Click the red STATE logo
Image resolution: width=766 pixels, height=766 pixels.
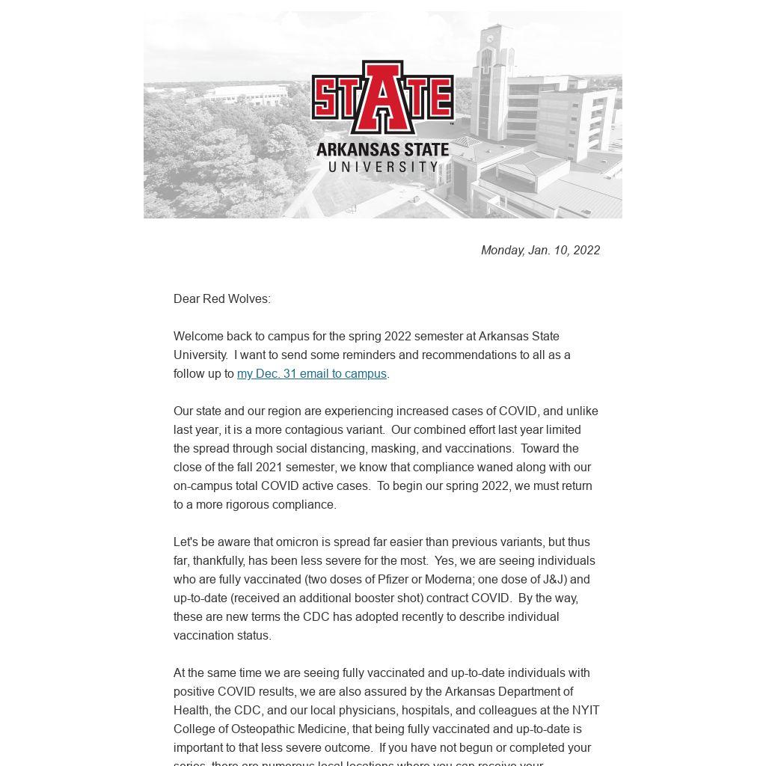pos(382,96)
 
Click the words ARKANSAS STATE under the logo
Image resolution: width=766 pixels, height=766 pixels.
pos(382,150)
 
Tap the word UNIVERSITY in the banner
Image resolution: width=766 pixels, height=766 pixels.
pos(382,166)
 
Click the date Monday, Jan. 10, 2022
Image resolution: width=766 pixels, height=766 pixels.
pos(540,251)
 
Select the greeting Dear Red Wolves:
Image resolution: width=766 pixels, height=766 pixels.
pos(222,299)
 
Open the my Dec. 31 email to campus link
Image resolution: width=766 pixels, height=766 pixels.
pos(312,374)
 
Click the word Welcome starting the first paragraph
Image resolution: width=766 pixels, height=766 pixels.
pos(197,337)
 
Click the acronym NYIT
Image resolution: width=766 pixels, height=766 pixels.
pos(586,711)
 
